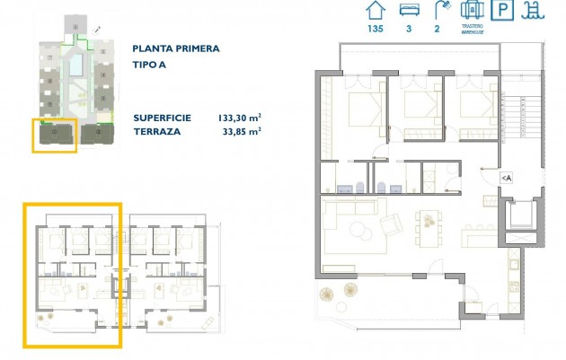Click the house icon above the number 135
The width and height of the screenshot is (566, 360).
point(375,11)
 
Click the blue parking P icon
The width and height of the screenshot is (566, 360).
point(505,12)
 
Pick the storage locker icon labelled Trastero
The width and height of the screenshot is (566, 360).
point(472,11)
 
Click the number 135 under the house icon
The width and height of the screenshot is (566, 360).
point(375,29)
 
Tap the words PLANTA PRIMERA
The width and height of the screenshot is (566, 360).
point(175,49)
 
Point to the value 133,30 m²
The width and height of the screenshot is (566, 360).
point(239,118)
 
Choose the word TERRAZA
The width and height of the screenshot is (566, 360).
point(156,130)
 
